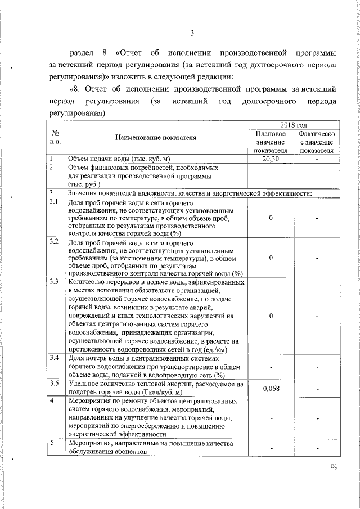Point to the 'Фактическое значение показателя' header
(317, 142)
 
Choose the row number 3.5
(54, 384)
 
